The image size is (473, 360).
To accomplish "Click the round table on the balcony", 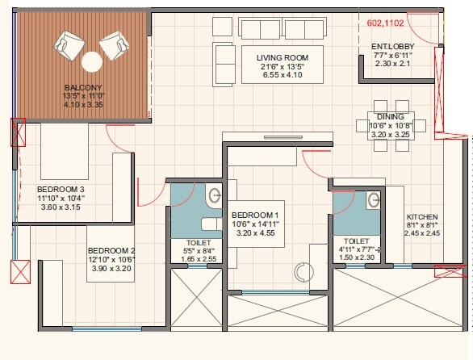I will pyautogui.click(x=91, y=61).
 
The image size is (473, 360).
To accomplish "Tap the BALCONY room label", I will pyautogui.click(x=83, y=86).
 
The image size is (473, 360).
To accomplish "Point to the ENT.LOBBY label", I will pyautogui.click(x=393, y=46).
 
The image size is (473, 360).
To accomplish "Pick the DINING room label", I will pyautogui.click(x=390, y=115).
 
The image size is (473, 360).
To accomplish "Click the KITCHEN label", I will pyautogui.click(x=421, y=217).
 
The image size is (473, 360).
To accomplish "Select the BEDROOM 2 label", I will pyautogui.click(x=112, y=250).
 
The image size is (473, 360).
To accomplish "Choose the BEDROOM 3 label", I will pyautogui.click(x=61, y=189).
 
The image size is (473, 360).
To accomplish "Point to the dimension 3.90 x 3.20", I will pyautogui.click(x=112, y=268).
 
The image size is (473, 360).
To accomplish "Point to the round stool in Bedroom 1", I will pyautogui.click(x=303, y=273).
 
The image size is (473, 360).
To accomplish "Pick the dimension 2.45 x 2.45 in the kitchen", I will pyautogui.click(x=421, y=234).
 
